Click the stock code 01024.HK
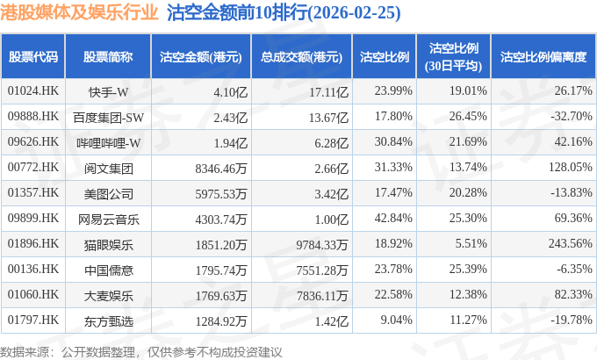pos(33,90)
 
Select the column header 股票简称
pos(108,57)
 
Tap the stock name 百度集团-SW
pos(109,118)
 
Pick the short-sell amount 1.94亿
pos(231,143)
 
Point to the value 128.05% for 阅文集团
pos(570,167)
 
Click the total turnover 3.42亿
pos(331,194)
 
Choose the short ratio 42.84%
pos(393,218)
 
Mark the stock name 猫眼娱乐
pos(109,245)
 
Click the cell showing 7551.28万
pos(322,270)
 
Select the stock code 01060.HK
pos(33,294)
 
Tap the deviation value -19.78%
pos(572,320)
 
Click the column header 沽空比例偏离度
pos(543,57)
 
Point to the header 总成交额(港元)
pos(301,57)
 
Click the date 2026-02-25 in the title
pos(355,13)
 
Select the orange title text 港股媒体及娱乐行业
pos(79,12)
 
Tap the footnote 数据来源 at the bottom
pos(25,351)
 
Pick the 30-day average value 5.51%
pos(471,243)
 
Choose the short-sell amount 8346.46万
pos(221,169)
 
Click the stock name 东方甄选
pos(109,321)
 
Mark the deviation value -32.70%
pos(572,116)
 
